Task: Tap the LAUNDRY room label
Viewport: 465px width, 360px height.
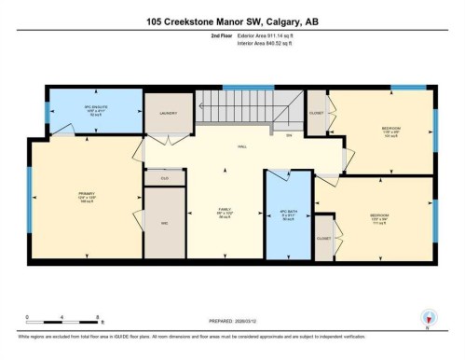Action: [168, 112]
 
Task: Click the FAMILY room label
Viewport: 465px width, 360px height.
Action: [224, 212]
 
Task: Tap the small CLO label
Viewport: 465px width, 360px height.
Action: [164, 176]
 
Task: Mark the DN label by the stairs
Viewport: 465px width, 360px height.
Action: [288, 136]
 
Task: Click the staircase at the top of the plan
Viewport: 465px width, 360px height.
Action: [237, 108]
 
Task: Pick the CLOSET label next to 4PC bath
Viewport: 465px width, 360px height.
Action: [323, 238]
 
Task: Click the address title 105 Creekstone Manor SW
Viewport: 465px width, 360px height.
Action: [231, 22]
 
